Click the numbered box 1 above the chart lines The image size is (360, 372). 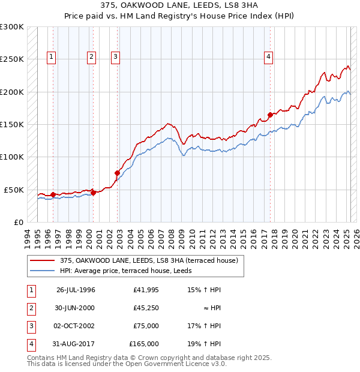point(51,57)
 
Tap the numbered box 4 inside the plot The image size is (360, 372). point(269,57)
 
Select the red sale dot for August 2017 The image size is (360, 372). point(271,115)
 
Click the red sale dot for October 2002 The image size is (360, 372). point(117,173)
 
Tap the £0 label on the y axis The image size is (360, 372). point(17,222)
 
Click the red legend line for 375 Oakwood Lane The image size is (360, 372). point(42,260)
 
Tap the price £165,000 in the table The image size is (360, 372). point(144,344)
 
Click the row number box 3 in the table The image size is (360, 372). point(29,326)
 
